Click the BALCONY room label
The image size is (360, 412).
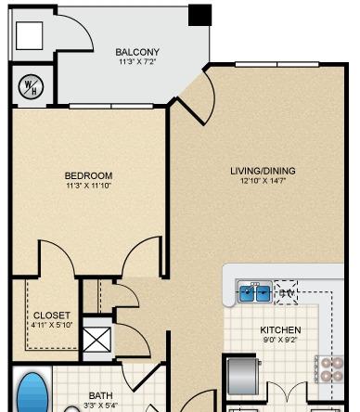(137, 52)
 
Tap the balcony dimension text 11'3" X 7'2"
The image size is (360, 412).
(137, 61)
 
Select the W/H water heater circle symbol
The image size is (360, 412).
(31, 87)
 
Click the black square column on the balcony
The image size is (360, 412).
(199, 15)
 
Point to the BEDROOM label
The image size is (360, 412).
(88, 175)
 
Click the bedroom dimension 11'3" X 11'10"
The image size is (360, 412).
(88, 186)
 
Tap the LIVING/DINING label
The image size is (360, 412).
(263, 171)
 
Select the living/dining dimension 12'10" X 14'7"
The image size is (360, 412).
(263, 181)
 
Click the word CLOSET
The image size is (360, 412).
(52, 315)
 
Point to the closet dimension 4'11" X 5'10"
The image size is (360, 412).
(52, 325)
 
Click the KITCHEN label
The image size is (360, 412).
(280, 329)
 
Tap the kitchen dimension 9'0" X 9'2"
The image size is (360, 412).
(280, 340)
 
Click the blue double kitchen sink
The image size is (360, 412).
(255, 292)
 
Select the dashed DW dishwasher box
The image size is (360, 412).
(286, 292)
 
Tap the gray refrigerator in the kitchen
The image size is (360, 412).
(244, 377)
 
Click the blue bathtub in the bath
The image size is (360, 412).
(32, 393)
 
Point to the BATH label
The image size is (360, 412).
(101, 395)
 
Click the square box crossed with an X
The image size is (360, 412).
(97, 340)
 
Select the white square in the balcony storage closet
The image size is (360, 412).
(30, 35)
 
